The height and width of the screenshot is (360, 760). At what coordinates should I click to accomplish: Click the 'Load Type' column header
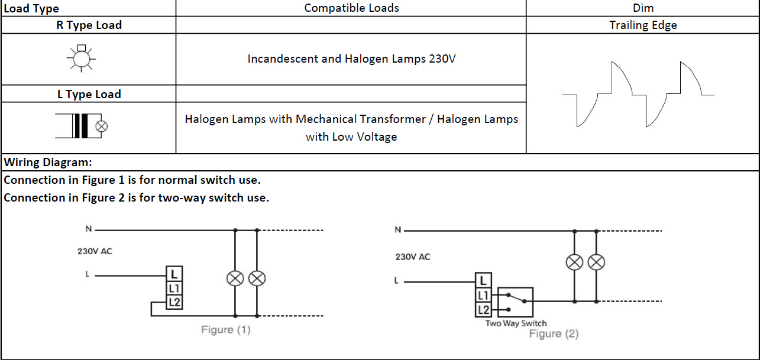tap(31, 8)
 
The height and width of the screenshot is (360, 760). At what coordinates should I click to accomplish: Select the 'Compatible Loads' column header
tap(351, 8)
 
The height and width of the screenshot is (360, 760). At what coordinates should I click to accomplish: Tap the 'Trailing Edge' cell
tap(643, 25)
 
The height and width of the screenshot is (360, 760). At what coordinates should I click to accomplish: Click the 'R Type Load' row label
tap(89, 25)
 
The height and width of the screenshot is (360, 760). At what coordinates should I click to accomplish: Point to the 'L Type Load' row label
tap(89, 94)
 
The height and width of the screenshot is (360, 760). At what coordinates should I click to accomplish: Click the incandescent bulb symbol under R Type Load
tap(81, 59)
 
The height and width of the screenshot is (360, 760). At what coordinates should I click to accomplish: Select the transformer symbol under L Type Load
tap(82, 126)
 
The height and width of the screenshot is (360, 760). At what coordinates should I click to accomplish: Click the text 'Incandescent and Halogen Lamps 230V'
tap(351, 59)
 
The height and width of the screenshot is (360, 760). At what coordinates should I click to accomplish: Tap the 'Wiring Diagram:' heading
tap(48, 162)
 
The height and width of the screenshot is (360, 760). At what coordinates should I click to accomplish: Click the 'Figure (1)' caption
tap(225, 329)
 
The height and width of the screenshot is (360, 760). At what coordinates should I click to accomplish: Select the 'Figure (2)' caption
tap(554, 333)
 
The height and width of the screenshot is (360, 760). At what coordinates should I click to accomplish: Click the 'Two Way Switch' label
tap(516, 323)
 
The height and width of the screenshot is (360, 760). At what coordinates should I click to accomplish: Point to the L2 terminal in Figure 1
tap(174, 302)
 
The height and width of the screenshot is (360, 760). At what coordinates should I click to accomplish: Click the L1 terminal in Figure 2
tap(483, 295)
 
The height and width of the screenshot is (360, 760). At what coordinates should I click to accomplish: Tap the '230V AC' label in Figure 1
tap(95, 251)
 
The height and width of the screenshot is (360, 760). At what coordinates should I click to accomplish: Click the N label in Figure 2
tap(398, 230)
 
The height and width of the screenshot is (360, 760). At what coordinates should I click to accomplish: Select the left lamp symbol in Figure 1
tap(235, 278)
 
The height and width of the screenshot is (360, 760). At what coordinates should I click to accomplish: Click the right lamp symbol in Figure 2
tap(596, 262)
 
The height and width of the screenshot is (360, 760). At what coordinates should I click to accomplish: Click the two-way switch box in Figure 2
tap(515, 303)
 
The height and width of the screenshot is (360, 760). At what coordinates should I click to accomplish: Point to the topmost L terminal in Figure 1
tap(174, 274)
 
